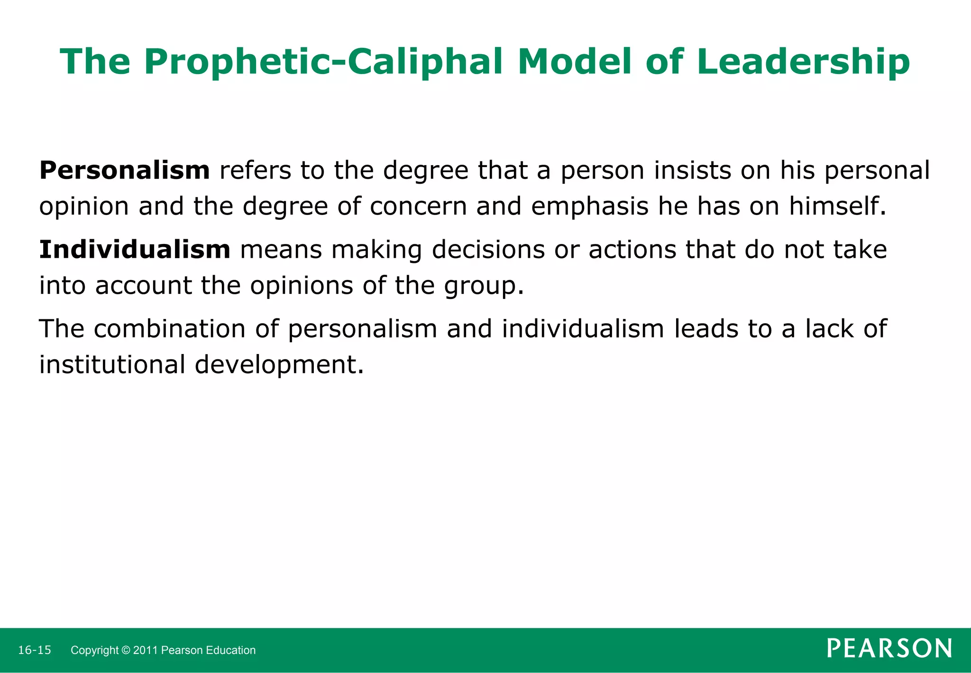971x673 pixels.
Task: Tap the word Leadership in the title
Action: [x=803, y=62]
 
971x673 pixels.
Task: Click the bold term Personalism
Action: [x=124, y=170]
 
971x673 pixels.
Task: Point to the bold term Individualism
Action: [x=135, y=250]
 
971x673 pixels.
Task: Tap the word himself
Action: [x=837, y=206]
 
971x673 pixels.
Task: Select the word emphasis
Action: [x=589, y=206]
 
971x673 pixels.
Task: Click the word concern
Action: [x=418, y=206]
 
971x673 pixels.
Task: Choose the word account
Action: [x=143, y=286]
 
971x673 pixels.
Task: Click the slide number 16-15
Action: [x=34, y=650]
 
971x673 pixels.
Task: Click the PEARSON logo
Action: [x=889, y=648]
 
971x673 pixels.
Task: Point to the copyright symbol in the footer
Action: [x=126, y=650]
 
